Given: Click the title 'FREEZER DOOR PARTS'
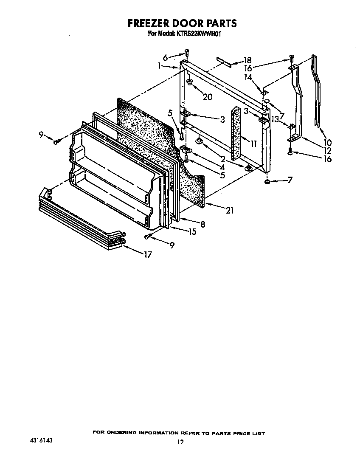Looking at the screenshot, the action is (x=182, y=23).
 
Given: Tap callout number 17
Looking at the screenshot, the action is (x=147, y=254).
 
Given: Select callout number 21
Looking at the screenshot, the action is (x=230, y=210).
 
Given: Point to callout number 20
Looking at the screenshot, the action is (x=208, y=97).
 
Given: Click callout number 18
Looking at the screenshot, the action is (x=247, y=60).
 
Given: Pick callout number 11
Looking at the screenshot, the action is (x=253, y=144).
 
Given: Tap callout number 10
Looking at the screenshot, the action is (x=327, y=143).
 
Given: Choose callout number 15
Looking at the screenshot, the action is (x=192, y=232).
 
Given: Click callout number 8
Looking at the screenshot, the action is (x=202, y=225).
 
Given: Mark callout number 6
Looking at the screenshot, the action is (x=165, y=57).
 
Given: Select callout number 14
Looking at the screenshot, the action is (x=248, y=77).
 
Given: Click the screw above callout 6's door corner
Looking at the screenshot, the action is (x=187, y=53).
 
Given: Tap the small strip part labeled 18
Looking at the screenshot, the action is (x=224, y=62).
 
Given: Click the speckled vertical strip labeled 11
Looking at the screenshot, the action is (x=236, y=131).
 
